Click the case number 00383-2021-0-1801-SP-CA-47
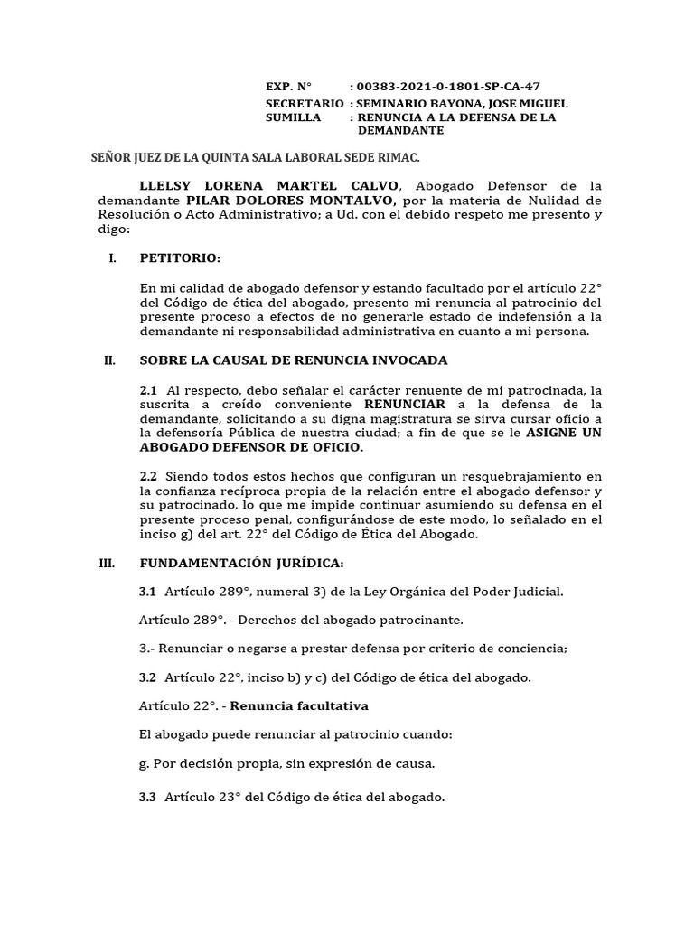pos(448,87)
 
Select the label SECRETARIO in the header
pos(305,104)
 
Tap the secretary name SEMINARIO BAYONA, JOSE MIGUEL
pos(463,104)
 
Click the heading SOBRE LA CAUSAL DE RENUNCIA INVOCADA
pos(294,360)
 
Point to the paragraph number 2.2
pos(148,476)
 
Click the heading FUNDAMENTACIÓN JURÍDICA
pos(241,563)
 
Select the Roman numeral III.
pos(108,563)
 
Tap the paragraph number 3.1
pos(148,592)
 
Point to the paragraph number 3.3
pos(148,797)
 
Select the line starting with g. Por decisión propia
pos(287,763)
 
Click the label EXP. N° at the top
pos(287,87)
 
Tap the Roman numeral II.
pos(109,360)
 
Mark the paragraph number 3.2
pos(148,677)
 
